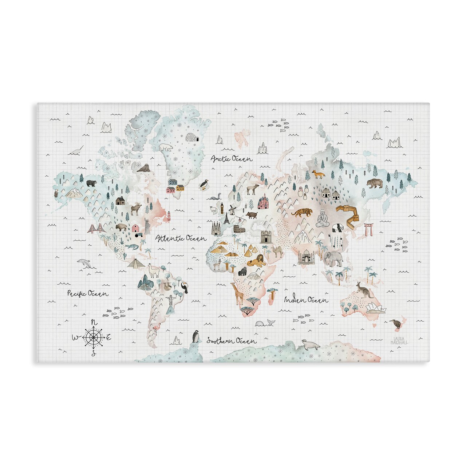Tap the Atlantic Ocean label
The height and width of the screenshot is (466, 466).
181,238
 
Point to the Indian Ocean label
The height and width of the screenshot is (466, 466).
306,300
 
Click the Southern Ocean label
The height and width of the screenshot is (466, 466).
232,341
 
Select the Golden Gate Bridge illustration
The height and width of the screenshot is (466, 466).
96,229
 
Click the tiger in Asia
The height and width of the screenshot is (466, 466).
301,213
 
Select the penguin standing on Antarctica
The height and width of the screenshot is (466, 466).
196,336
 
